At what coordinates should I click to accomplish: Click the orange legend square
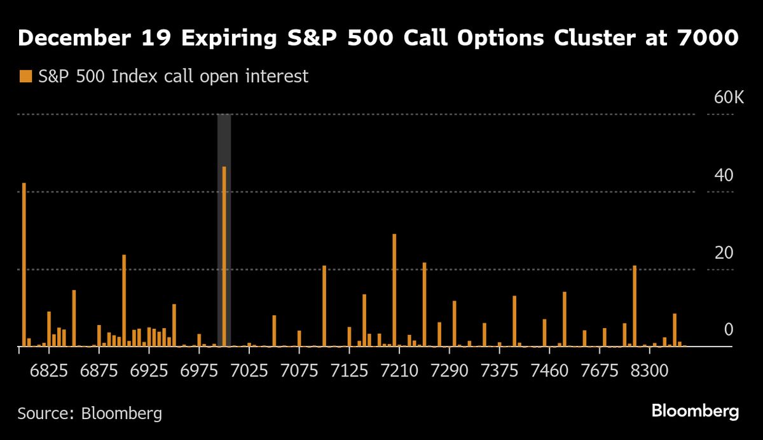pyautogui.click(x=25, y=77)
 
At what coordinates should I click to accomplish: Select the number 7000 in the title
pyautogui.click(x=708, y=39)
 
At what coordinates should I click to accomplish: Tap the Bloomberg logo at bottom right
pyautogui.click(x=695, y=411)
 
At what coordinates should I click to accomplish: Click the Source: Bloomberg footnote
pyautogui.click(x=90, y=413)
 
